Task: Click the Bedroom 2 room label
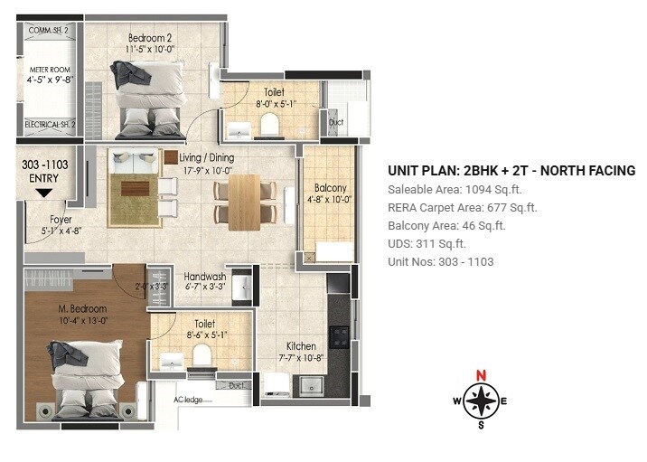click(150, 38)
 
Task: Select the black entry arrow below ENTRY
click(43, 192)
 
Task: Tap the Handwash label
click(205, 276)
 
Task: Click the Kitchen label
click(301, 346)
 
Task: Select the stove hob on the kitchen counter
click(341, 336)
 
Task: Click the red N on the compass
click(482, 376)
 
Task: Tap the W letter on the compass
click(456, 401)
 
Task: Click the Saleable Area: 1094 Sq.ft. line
click(455, 190)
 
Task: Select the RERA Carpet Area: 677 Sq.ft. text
click(462, 208)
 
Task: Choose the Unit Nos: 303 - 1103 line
click(441, 262)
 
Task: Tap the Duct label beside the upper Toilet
click(335, 121)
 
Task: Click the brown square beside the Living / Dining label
click(171, 157)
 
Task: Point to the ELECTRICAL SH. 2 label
click(50, 124)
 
